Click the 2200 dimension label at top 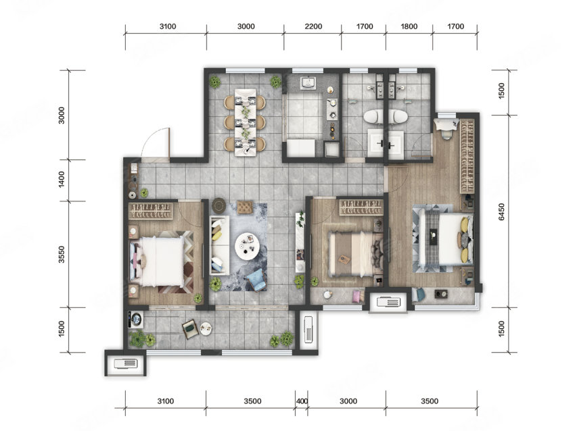point(313,26)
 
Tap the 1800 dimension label point(409,26)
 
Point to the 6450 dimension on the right point(501,212)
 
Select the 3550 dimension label point(62,255)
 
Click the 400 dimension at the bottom point(302,401)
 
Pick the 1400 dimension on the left point(62,180)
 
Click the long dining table point(246,122)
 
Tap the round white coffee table point(247,246)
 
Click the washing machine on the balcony point(136,320)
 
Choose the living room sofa point(219,245)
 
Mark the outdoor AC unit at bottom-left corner point(125,363)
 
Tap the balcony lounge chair point(190,328)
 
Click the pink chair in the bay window point(356,296)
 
